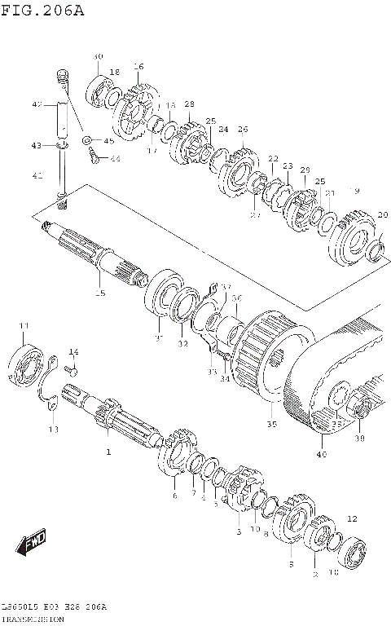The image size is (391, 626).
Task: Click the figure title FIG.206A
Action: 42,11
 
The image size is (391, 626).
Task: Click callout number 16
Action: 138,67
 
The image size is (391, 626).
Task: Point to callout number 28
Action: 189,104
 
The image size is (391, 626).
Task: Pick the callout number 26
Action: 243,130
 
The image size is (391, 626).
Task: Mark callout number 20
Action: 382,215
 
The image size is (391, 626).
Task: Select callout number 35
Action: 271,424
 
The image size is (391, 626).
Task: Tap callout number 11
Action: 24,327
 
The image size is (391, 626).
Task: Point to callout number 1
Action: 107,450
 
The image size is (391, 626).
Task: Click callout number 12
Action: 352,518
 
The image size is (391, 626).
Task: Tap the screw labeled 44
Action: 94,159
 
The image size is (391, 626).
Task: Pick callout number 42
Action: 36,105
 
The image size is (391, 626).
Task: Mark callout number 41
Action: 36,175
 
